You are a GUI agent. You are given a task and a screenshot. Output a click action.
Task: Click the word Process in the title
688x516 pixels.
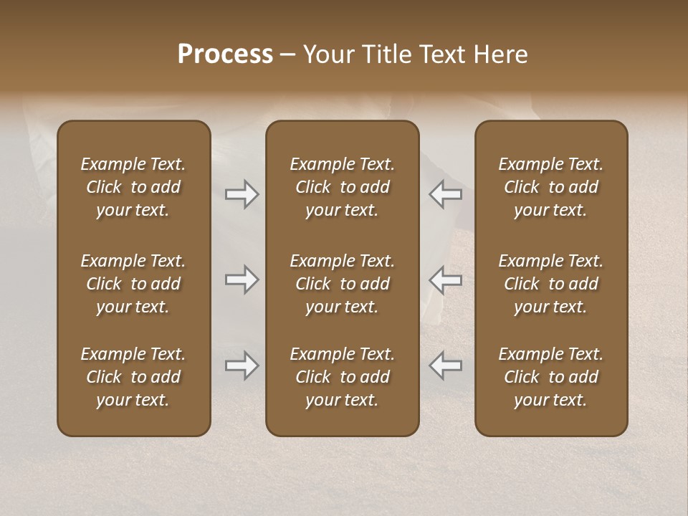225,54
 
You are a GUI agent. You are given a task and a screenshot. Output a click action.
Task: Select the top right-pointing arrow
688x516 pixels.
242,194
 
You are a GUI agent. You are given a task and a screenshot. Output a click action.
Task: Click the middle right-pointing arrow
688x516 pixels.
242,279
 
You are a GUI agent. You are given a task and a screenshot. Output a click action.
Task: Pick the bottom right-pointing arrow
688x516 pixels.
242,365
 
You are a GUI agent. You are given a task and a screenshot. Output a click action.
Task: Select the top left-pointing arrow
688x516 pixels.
446,194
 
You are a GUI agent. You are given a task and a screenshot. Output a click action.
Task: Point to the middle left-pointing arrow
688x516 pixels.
446,279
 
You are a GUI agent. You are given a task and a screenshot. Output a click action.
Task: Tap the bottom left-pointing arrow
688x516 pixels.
446,365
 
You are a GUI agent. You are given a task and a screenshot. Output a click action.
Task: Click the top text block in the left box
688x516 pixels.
133,187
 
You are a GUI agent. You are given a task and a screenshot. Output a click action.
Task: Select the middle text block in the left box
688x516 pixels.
133,284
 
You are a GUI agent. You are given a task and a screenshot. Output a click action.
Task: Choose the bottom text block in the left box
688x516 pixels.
133,377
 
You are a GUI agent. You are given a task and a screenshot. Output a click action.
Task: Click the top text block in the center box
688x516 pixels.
342,187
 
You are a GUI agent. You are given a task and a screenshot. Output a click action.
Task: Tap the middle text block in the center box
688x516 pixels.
342,284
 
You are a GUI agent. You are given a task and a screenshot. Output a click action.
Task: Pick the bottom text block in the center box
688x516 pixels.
342,377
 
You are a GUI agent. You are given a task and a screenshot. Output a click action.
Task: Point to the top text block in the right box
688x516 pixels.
550,187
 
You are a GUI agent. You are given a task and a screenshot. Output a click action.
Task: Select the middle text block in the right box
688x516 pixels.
550,284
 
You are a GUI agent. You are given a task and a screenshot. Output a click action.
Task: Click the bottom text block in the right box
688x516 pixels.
550,377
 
